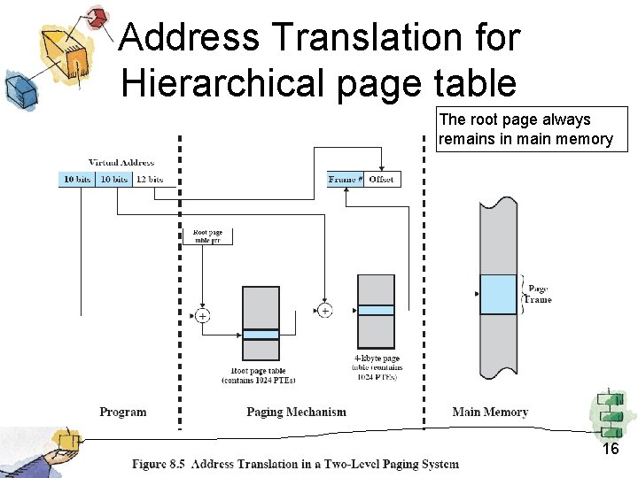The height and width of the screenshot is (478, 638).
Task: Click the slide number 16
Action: [x=611, y=450]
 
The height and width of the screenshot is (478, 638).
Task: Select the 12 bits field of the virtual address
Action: [x=149, y=179]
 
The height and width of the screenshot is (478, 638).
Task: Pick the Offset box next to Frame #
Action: [x=382, y=179]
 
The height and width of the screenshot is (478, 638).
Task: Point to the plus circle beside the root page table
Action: [x=203, y=316]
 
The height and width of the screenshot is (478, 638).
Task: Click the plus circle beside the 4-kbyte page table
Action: [x=324, y=311]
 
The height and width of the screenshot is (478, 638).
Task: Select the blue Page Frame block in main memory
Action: [x=497, y=294]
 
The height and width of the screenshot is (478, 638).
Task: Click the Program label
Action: [x=123, y=412]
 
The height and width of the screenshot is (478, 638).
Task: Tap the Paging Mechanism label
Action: [x=296, y=412]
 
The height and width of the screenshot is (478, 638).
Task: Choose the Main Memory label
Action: [x=490, y=412]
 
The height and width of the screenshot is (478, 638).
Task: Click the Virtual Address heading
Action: [x=121, y=163]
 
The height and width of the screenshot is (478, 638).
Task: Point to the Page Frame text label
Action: [x=538, y=294]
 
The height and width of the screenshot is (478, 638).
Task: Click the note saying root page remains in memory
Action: [x=532, y=129]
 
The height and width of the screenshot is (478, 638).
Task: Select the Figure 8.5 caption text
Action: [x=296, y=464]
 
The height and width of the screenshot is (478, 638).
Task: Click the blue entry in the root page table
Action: [x=261, y=335]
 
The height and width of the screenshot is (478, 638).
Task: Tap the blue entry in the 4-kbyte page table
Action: [x=376, y=311]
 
